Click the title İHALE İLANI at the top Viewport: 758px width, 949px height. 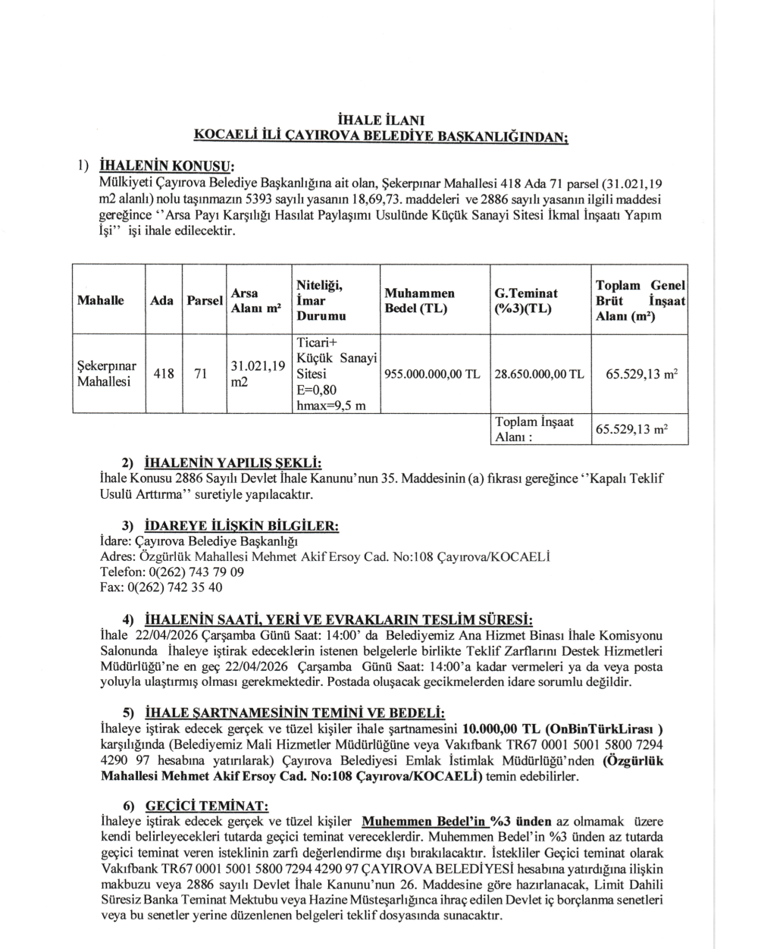381,120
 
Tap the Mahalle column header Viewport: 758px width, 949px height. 100,301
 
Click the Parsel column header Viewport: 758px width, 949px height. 205,301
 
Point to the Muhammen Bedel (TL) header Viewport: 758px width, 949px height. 420,301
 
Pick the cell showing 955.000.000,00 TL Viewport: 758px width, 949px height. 433,374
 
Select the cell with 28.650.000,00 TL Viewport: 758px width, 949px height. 539,374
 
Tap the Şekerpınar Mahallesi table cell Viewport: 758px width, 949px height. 107,374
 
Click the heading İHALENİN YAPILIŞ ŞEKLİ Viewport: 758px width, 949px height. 233,462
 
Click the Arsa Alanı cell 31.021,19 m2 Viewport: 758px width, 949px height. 258,374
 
